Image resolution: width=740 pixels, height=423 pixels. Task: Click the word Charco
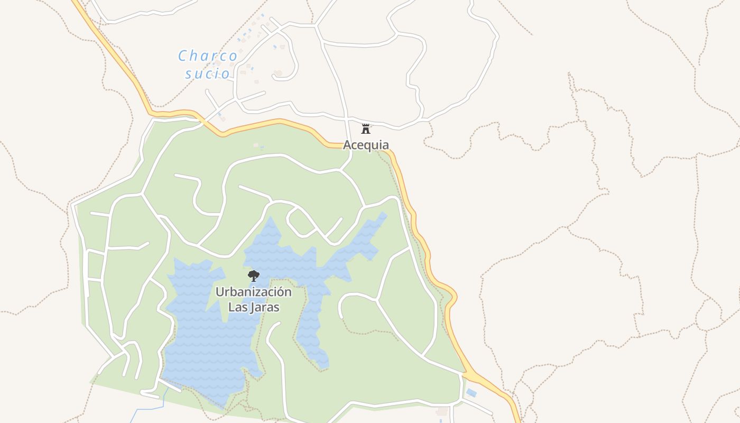(x=208, y=56)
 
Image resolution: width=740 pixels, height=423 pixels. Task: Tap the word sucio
(x=208, y=73)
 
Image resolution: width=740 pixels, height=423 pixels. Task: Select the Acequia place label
(x=366, y=145)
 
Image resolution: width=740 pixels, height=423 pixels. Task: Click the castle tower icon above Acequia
(x=365, y=128)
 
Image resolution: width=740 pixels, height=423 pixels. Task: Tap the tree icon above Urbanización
(x=254, y=275)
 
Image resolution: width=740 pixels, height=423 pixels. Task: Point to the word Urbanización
(x=253, y=292)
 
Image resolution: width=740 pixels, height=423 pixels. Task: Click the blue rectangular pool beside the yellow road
(x=471, y=393)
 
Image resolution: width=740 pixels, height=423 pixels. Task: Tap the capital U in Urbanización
(x=219, y=292)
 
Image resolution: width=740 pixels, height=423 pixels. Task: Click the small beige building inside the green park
(x=256, y=145)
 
